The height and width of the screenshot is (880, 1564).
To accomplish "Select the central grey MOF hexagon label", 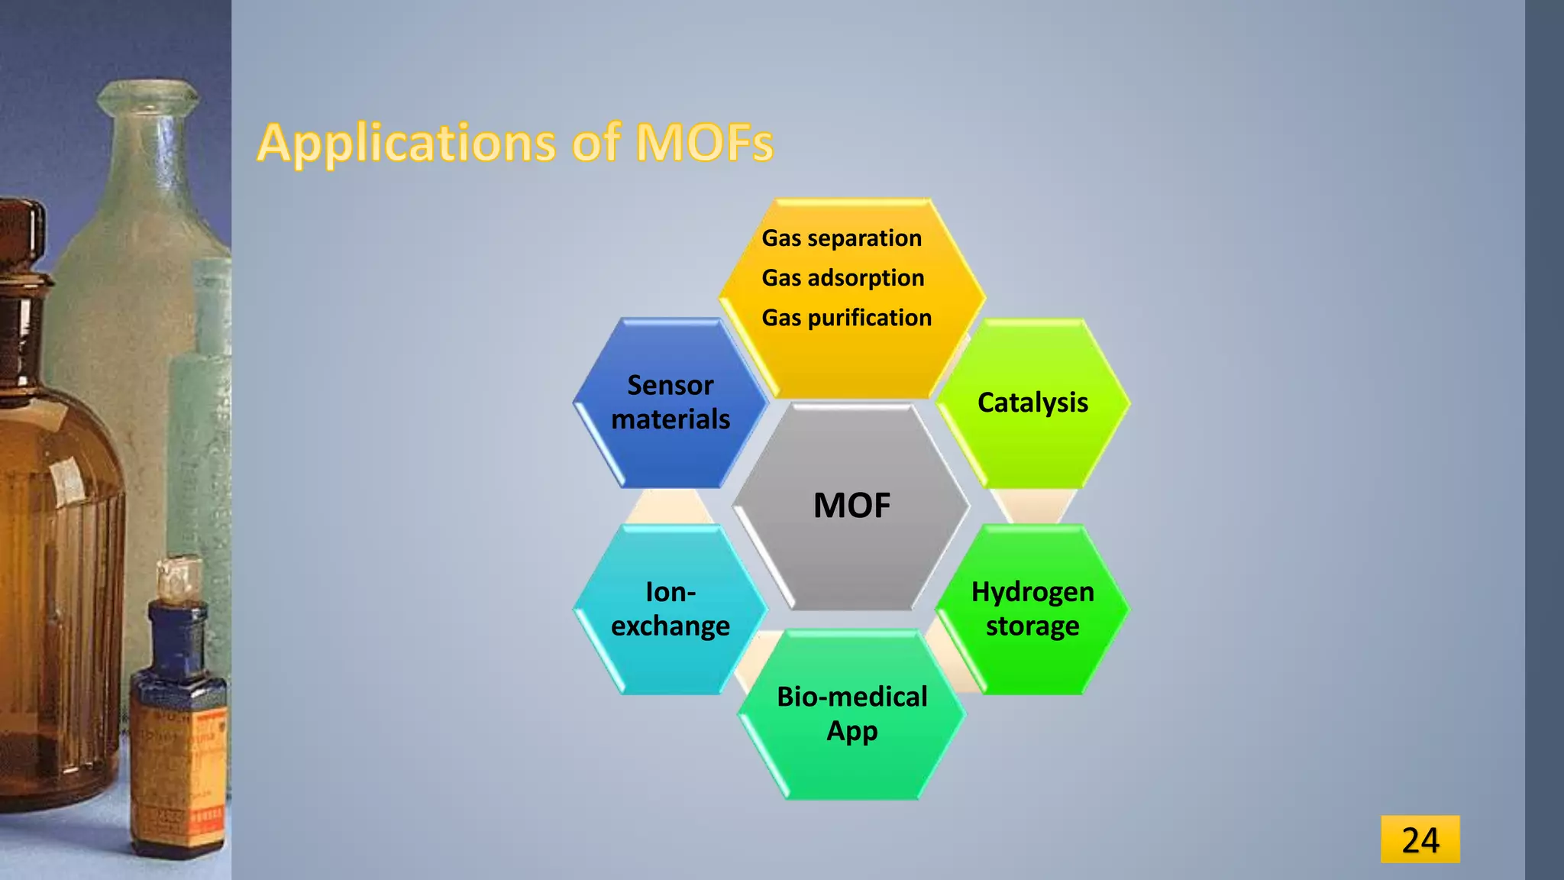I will pyautogui.click(x=851, y=506).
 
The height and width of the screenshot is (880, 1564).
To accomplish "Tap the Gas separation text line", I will pyautogui.click(x=842, y=238).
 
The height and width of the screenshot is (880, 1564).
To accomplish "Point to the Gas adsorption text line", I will pyautogui.click(x=843, y=278).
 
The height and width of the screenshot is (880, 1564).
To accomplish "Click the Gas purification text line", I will pyautogui.click(x=846, y=318).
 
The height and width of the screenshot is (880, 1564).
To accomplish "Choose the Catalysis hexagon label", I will pyautogui.click(x=1032, y=403).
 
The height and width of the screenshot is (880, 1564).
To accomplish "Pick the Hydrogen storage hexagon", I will pyautogui.click(x=1032, y=609).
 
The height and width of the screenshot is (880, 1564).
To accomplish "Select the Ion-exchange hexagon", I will pyautogui.click(x=670, y=609).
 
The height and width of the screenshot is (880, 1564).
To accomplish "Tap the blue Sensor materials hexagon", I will pyautogui.click(x=670, y=403).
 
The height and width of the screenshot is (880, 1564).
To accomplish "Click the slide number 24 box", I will pyautogui.click(x=1420, y=840).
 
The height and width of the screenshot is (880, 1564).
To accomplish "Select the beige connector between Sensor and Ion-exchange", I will pyautogui.click(x=668, y=507).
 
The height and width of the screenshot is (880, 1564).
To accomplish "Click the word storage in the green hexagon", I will pyautogui.click(x=1032, y=626).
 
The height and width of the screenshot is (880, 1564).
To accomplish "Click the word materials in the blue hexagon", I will pyautogui.click(x=670, y=419).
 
